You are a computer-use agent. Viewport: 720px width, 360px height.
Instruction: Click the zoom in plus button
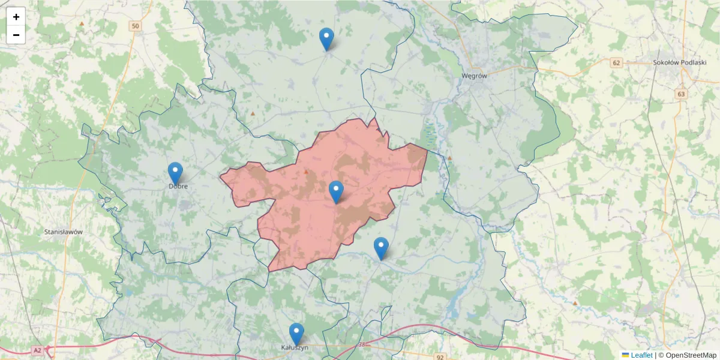(x=16, y=17)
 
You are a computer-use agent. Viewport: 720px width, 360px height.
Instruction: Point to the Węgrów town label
(x=474, y=76)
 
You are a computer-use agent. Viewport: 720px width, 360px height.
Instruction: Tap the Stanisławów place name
(x=64, y=232)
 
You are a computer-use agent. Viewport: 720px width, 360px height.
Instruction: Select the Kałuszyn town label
(x=295, y=347)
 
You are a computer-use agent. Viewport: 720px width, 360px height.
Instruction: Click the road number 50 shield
(x=135, y=26)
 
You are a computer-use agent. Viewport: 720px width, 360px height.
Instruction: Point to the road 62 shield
(x=616, y=62)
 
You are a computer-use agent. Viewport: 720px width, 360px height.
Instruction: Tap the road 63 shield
(x=680, y=94)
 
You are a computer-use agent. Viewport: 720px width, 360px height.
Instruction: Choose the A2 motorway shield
(x=38, y=350)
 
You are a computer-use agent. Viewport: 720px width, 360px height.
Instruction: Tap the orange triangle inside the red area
(x=306, y=172)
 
